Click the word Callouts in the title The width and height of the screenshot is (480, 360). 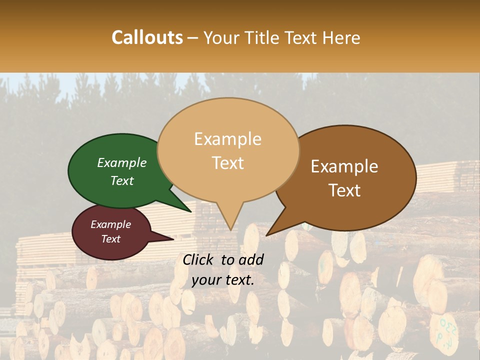(x=147, y=37)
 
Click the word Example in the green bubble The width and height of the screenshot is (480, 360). (x=121, y=162)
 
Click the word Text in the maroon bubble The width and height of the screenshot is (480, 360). (x=110, y=239)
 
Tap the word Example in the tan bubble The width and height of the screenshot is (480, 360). (x=227, y=139)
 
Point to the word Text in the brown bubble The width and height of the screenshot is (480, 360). (x=345, y=190)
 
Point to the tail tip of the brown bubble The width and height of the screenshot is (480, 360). (x=267, y=234)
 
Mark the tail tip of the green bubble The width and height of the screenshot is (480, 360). (x=192, y=211)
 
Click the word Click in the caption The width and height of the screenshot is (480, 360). (x=198, y=259)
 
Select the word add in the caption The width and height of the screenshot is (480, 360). (x=251, y=259)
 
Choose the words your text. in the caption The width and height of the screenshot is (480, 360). (x=223, y=280)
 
